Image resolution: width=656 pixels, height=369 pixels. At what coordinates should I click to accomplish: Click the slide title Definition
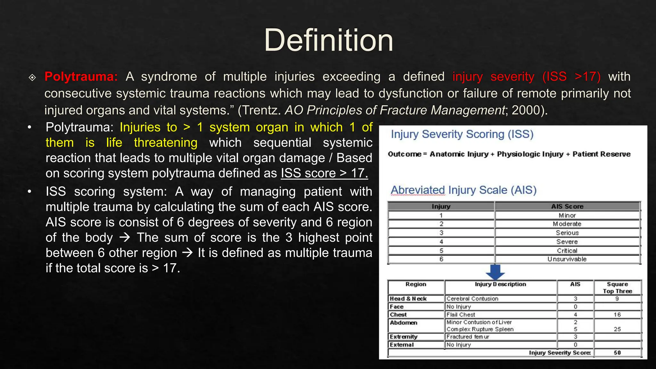[328, 40]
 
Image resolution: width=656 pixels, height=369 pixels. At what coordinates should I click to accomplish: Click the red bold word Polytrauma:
[81, 77]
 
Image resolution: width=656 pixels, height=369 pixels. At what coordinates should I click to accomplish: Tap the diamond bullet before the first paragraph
[32, 77]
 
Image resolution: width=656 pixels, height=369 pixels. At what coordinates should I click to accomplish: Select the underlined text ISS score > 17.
[324, 173]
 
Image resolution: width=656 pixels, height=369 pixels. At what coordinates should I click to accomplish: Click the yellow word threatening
[166, 143]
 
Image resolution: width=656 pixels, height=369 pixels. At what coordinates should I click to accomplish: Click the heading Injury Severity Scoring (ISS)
[462, 134]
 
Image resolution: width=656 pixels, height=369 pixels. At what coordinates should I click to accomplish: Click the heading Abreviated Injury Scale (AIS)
[463, 190]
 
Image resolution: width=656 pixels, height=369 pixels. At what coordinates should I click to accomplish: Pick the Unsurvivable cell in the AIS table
[567, 259]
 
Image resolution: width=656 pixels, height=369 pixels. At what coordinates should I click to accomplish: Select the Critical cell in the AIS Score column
[567, 250]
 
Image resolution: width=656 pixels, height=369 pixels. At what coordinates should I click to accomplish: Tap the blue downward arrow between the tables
[495, 272]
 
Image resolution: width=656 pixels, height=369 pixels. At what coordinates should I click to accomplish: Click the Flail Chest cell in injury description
[461, 315]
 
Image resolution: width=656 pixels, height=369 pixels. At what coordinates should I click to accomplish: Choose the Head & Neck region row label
[408, 299]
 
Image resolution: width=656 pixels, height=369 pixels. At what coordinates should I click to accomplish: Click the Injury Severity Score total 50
[617, 353]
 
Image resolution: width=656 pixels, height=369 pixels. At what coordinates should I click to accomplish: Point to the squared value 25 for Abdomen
[617, 329]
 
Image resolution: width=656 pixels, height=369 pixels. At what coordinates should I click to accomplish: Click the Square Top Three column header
[617, 287]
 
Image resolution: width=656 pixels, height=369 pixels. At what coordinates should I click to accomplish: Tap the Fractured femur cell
[468, 337]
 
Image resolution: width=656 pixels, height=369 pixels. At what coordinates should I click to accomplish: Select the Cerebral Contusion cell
[472, 299]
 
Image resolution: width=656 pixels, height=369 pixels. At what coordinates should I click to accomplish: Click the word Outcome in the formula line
[404, 154]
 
